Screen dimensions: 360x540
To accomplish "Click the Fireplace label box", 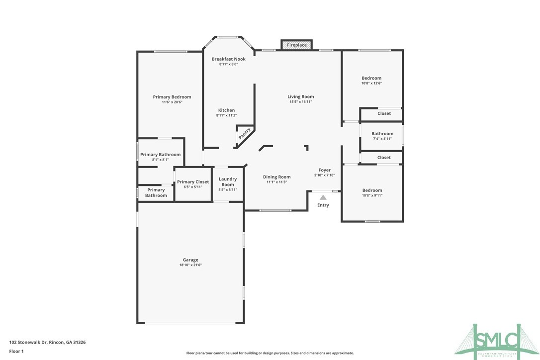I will (297, 45).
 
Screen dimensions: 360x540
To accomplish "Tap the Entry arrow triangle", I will (323, 197).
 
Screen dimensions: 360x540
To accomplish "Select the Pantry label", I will (245, 133).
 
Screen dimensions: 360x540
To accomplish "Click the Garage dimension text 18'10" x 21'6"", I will (190, 265).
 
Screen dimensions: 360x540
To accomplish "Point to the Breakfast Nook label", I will (228, 59).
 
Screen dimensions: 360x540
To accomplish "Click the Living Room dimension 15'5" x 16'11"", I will (301, 102).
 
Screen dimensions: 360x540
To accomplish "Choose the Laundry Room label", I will (228, 181).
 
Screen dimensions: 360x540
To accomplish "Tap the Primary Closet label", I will (193, 182).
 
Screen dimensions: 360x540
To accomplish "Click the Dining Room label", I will (277, 177).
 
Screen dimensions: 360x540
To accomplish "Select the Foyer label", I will (325, 170).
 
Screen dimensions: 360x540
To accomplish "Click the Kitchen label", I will (226, 110).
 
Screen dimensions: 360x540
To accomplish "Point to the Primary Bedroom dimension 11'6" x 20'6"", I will (172, 102).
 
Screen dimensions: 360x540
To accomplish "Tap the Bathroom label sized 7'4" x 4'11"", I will (382, 133).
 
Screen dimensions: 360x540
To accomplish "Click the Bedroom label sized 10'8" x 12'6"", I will (371, 78).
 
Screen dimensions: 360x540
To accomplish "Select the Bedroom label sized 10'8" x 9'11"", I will (372, 190).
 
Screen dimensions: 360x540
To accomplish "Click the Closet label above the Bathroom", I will (384, 113).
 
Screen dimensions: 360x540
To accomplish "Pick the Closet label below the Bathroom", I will (384, 158).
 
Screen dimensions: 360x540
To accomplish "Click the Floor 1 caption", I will (16, 351).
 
